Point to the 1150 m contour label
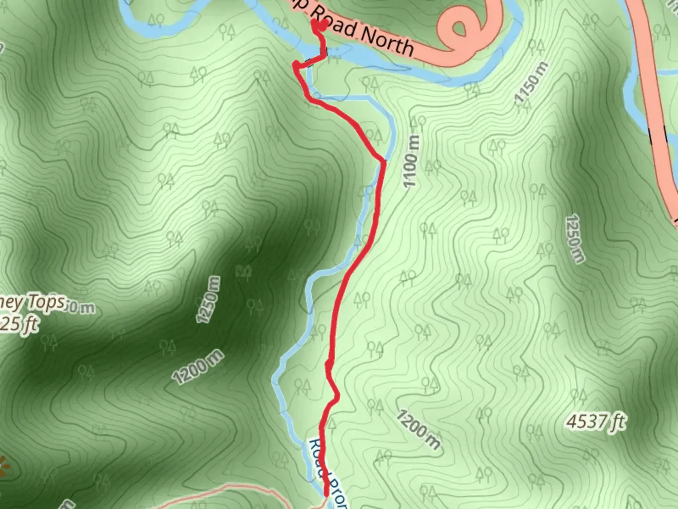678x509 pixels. click(x=532, y=82)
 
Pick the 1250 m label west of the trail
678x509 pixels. click(x=208, y=300)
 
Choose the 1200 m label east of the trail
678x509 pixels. click(x=418, y=429)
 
